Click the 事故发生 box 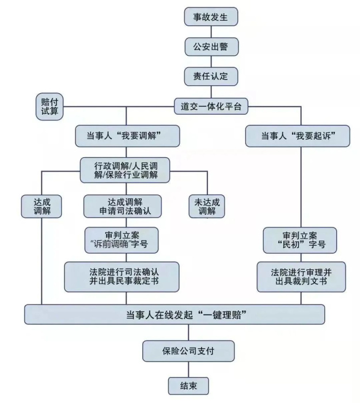pos(211,17)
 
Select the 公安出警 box pos(211,46)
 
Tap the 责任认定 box pos(211,76)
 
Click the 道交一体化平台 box pos(211,106)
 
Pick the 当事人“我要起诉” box pos(298,136)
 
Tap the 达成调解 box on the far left pos(42,206)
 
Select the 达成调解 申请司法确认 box pos(122,206)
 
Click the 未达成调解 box pos(207,206)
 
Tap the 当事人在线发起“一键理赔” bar pos(175,314)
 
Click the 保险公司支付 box pos(181,350)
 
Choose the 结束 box pos(188,386)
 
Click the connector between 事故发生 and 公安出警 pos(211,31)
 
